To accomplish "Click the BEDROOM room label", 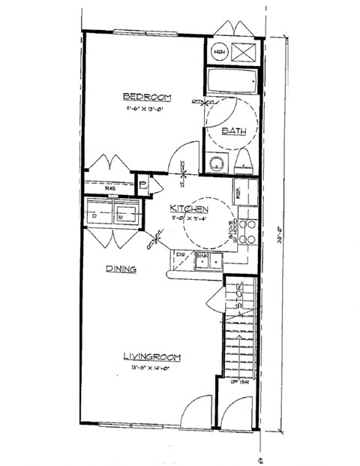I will [x=147, y=97].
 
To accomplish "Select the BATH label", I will [x=234, y=131].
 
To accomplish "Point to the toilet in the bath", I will [x=244, y=161].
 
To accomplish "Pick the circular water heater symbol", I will [x=220, y=52].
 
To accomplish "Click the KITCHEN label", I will [x=188, y=208].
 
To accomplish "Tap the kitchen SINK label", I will [x=202, y=256].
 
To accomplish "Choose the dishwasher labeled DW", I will [x=181, y=256].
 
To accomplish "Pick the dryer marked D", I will [x=95, y=215].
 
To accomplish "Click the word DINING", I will [x=119, y=268].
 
